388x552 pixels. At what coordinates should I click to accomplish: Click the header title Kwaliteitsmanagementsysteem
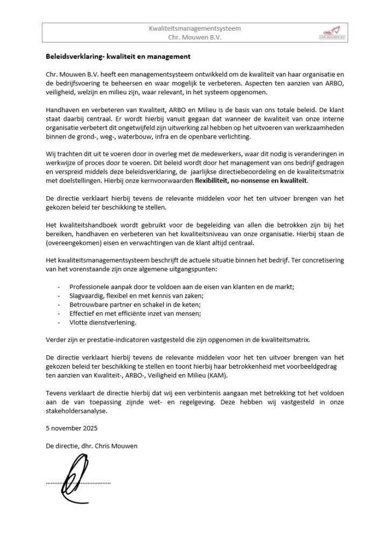point(194,28)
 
